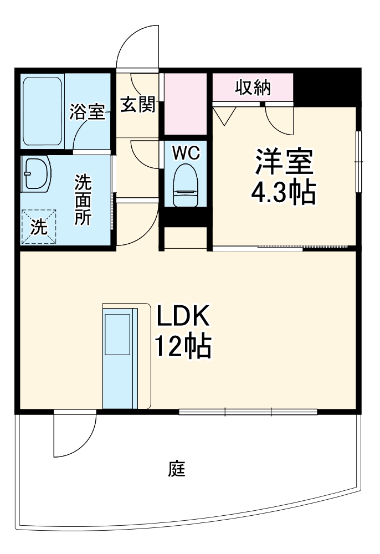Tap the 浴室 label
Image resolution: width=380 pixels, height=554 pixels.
(87, 111)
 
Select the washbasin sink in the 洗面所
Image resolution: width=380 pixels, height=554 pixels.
(36, 174)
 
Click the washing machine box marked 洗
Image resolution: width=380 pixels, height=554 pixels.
(39, 227)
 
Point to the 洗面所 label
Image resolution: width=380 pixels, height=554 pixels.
(83, 200)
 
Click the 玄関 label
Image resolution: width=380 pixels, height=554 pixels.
(138, 105)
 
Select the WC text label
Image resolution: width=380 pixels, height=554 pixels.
(186, 153)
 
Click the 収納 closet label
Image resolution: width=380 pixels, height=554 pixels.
(253, 88)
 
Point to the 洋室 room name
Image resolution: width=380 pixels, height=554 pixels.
(285, 162)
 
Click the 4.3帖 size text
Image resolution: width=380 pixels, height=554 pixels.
(283, 192)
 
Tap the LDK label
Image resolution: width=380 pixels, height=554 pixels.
(183, 316)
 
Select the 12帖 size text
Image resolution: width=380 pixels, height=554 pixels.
(183, 346)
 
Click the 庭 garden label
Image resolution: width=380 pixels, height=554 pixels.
(177, 469)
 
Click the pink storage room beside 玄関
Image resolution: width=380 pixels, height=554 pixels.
(185, 104)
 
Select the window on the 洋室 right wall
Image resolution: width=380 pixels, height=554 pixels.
(358, 162)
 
